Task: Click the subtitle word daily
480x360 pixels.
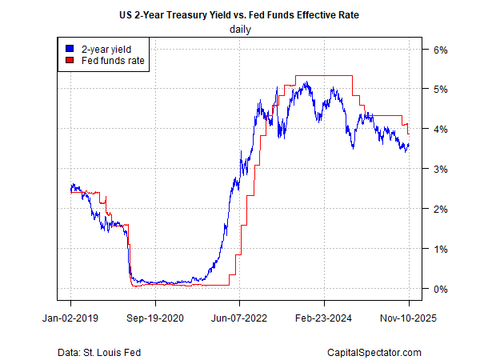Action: (240, 30)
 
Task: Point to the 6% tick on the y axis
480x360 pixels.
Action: (441, 50)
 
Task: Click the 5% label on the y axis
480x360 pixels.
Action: (441, 89)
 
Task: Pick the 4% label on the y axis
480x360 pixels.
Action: (441, 129)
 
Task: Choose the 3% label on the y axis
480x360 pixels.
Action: (441, 169)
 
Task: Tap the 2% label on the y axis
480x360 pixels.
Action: (441, 209)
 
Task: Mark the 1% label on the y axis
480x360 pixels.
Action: (441, 249)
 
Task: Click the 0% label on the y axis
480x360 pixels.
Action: (441, 289)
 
